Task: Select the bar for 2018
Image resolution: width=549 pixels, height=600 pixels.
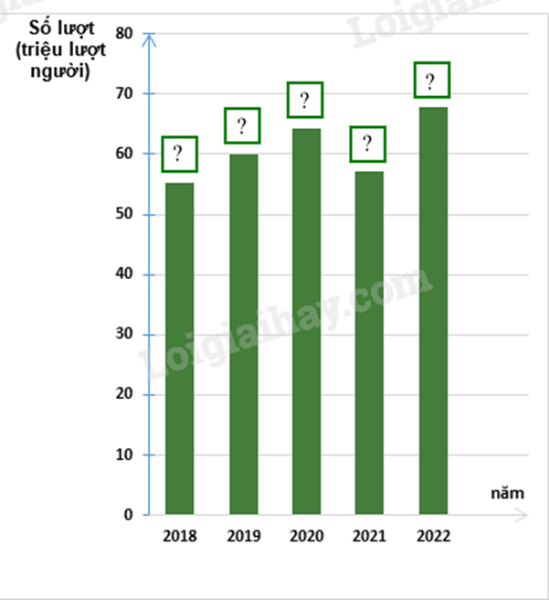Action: pyautogui.click(x=179, y=348)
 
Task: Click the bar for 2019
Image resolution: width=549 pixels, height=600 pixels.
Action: pyautogui.click(x=243, y=334)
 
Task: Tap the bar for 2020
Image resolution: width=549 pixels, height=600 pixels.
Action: pyautogui.click(x=306, y=320)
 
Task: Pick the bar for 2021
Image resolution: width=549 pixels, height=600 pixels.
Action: pyautogui.click(x=369, y=343)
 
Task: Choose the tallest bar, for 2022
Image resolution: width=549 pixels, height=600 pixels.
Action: pyautogui.click(x=433, y=311)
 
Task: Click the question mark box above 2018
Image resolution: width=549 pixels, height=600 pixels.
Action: pyautogui.click(x=179, y=154)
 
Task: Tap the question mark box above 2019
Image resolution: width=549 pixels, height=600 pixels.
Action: pyautogui.click(x=243, y=125)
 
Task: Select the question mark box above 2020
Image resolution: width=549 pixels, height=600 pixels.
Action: pyautogui.click(x=306, y=100)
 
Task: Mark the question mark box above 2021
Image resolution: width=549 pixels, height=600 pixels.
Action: pyautogui.click(x=368, y=144)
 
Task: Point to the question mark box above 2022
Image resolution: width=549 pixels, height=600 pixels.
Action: pyautogui.click(x=432, y=80)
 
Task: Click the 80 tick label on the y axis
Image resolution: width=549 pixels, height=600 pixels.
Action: pyautogui.click(x=124, y=34)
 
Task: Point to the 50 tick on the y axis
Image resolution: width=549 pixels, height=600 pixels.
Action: pyautogui.click(x=124, y=214)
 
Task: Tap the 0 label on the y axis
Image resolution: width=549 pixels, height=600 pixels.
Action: pyautogui.click(x=129, y=515)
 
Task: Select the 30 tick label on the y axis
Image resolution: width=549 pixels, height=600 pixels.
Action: pyautogui.click(x=124, y=335)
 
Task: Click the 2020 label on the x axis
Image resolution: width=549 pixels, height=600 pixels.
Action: pyautogui.click(x=306, y=536)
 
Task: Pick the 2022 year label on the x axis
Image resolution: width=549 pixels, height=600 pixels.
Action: pyautogui.click(x=432, y=536)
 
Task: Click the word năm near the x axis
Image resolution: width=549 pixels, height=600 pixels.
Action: pyautogui.click(x=507, y=493)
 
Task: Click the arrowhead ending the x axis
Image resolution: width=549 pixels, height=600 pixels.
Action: pyautogui.click(x=523, y=515)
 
